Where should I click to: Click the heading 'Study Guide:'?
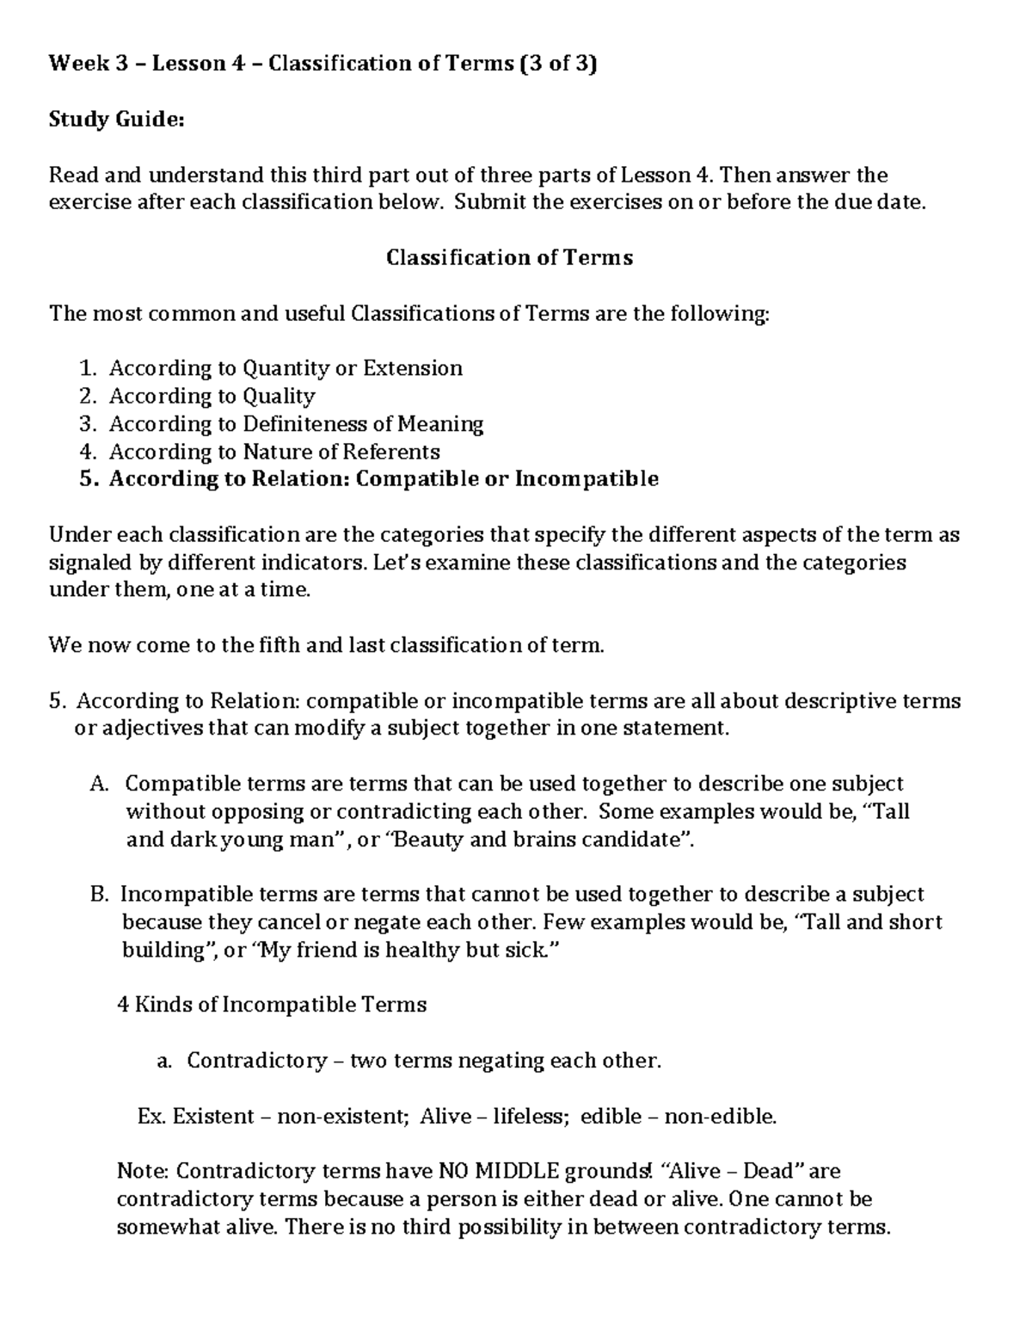(x=116, y=120)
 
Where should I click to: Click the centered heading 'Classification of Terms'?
(x=509, y=258)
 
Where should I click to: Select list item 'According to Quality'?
(x=212, y=396)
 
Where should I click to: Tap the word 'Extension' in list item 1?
(x=413, y=368)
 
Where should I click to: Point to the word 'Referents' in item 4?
(x=391, y=452)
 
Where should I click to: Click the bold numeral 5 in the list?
(x=86, y=479)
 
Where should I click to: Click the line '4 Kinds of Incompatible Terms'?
(x=271, y=1005)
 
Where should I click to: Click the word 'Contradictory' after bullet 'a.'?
(x=256, y=1061)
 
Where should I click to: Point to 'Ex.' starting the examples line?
(x=151, y=1117)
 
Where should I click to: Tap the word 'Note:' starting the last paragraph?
(x=144, y=1172)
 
